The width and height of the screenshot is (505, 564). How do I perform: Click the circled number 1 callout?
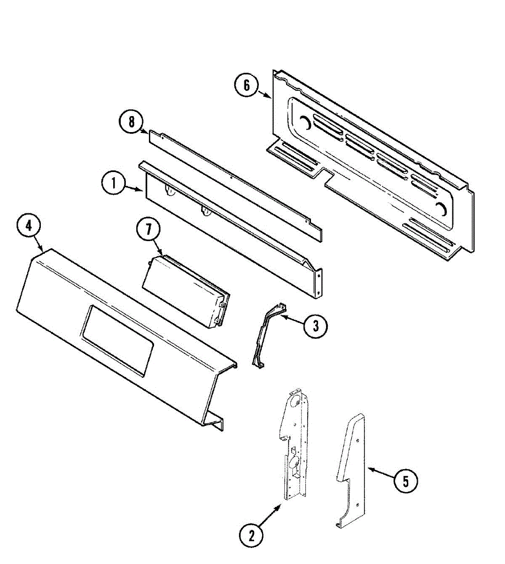pyautogui.click(x=113, y=183)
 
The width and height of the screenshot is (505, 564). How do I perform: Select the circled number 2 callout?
pyautogui.click(x=251, y=535)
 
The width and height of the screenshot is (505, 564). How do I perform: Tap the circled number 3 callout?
pyautogui.click(x=316, y=325)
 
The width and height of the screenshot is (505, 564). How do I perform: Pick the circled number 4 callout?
pyautogui.click(x=29, y=226)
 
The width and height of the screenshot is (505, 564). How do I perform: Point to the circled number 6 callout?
pyautogui.click(x=247, y=86)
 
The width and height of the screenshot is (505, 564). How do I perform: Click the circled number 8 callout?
pyautogui.click(x=131, y=122)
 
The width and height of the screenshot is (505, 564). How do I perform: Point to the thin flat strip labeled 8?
pyautogui.click(x=235, y=183)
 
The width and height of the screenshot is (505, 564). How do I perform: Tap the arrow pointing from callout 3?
pyautogui.click(x=291, y=319)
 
